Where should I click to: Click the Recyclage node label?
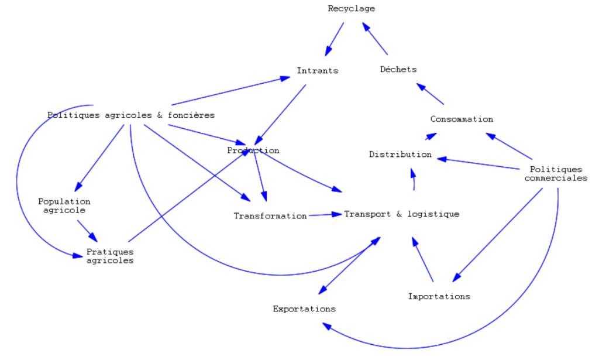click(x=351, y=9)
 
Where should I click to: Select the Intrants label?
click(x=317, y=71)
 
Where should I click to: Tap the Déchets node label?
click(x=398, y=69)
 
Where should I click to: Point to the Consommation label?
click(x=462, y=119)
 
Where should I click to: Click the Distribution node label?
click(x=400, y=155)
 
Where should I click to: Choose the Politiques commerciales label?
click(x=556, y=174)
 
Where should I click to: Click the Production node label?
click(x=253, y=150)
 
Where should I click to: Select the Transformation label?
click(x=270, y=216)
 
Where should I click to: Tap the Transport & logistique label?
click(x=401, y=214)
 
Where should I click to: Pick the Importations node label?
click(x=439, y=296)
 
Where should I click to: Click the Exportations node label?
click(x=304, y=308)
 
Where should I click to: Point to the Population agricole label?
click(x=64, y=205)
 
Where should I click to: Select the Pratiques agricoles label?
click(x=110, y=256)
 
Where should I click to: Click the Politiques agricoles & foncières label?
click(x=131, y=115)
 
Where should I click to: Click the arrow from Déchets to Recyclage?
click(x=375, y=37)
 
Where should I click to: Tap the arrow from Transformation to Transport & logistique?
click(x=325, y=215)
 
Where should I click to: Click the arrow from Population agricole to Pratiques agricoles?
click(x=87, y=230)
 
